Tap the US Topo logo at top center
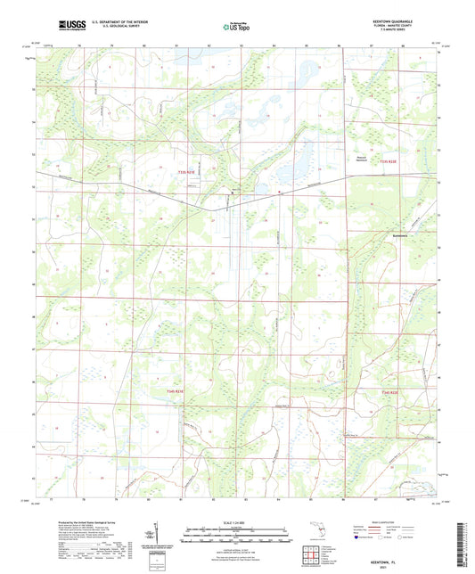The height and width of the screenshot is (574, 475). pos(235,26)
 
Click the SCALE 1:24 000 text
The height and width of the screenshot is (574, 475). pos(236,522)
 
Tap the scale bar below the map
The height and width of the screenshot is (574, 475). pos(236,533)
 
